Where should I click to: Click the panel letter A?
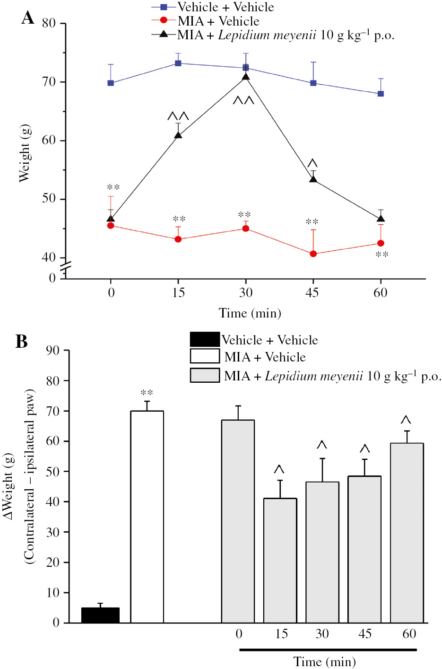(28, 18)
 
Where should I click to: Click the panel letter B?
(22, 341)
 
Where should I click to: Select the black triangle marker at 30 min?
(246, 77)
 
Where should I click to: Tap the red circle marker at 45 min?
(313, 254)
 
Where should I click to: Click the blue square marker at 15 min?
(178, 63)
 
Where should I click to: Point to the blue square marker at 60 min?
(381, 94)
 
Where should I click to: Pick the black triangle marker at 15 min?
(178, 135)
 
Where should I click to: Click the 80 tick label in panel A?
(49, 23)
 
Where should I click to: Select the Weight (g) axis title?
(24, 153)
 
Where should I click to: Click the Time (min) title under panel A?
(250, 313)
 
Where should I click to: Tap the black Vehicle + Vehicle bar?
(100, 615)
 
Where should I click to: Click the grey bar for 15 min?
(280, 561)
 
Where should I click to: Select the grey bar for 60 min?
(407, 533)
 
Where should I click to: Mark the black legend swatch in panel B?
(205, 339)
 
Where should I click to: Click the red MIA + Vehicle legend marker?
(164, 21)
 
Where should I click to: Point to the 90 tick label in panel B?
(53, 350)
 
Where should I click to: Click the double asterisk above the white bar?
(147, 393)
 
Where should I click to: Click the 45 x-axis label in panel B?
(364, 634)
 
